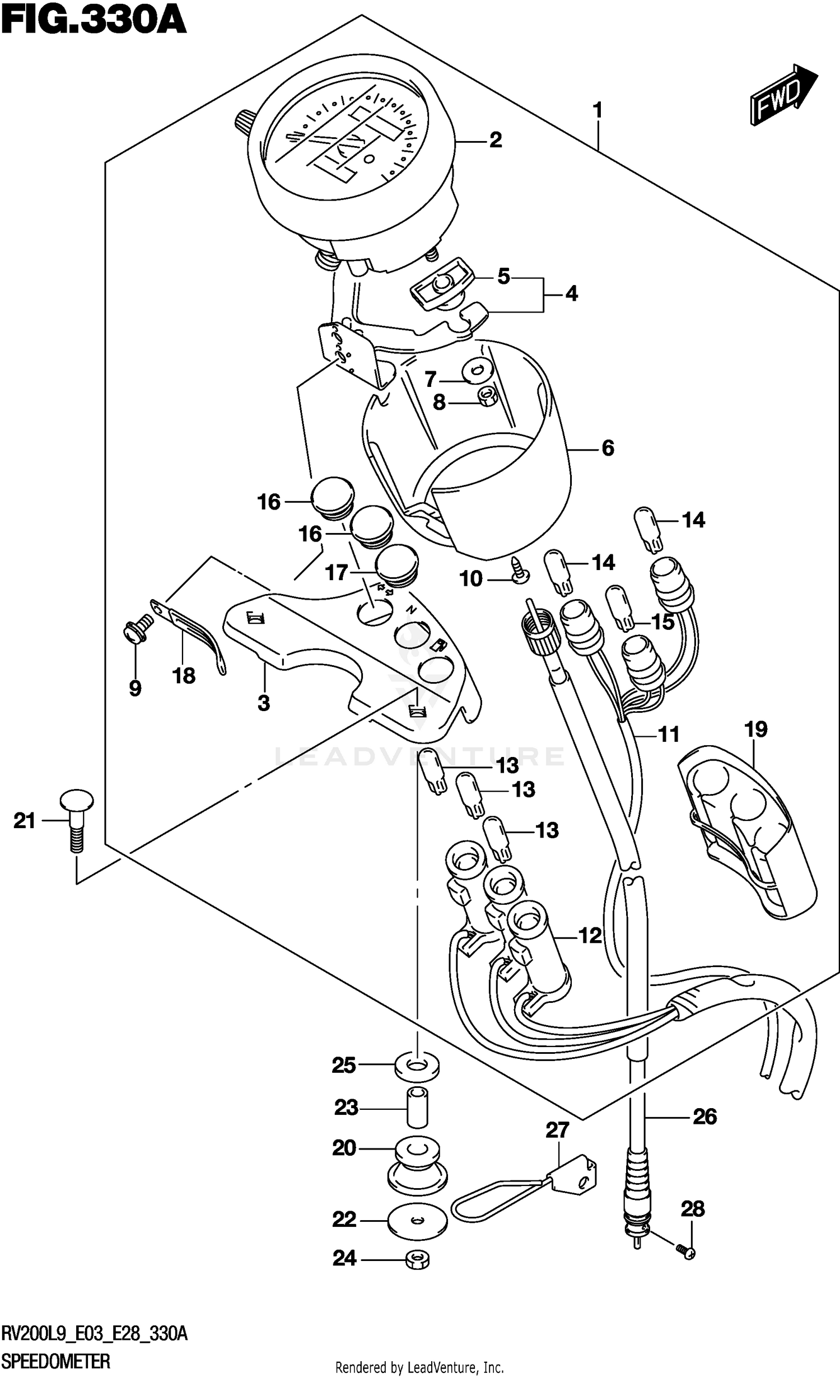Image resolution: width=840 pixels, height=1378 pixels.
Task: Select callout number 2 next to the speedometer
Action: coord(495,140)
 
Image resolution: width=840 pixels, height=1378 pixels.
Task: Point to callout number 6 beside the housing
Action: coord(608,448)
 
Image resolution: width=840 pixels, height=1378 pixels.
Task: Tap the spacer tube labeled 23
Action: coord(417,1106)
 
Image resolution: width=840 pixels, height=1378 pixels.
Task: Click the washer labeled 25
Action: coord(417,1064)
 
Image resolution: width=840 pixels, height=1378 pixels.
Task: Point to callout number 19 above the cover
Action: coord(755,730)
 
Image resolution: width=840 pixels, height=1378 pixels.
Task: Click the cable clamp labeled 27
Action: coord(571,1178)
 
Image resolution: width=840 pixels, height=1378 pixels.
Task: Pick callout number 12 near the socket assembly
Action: coord(590,935)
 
